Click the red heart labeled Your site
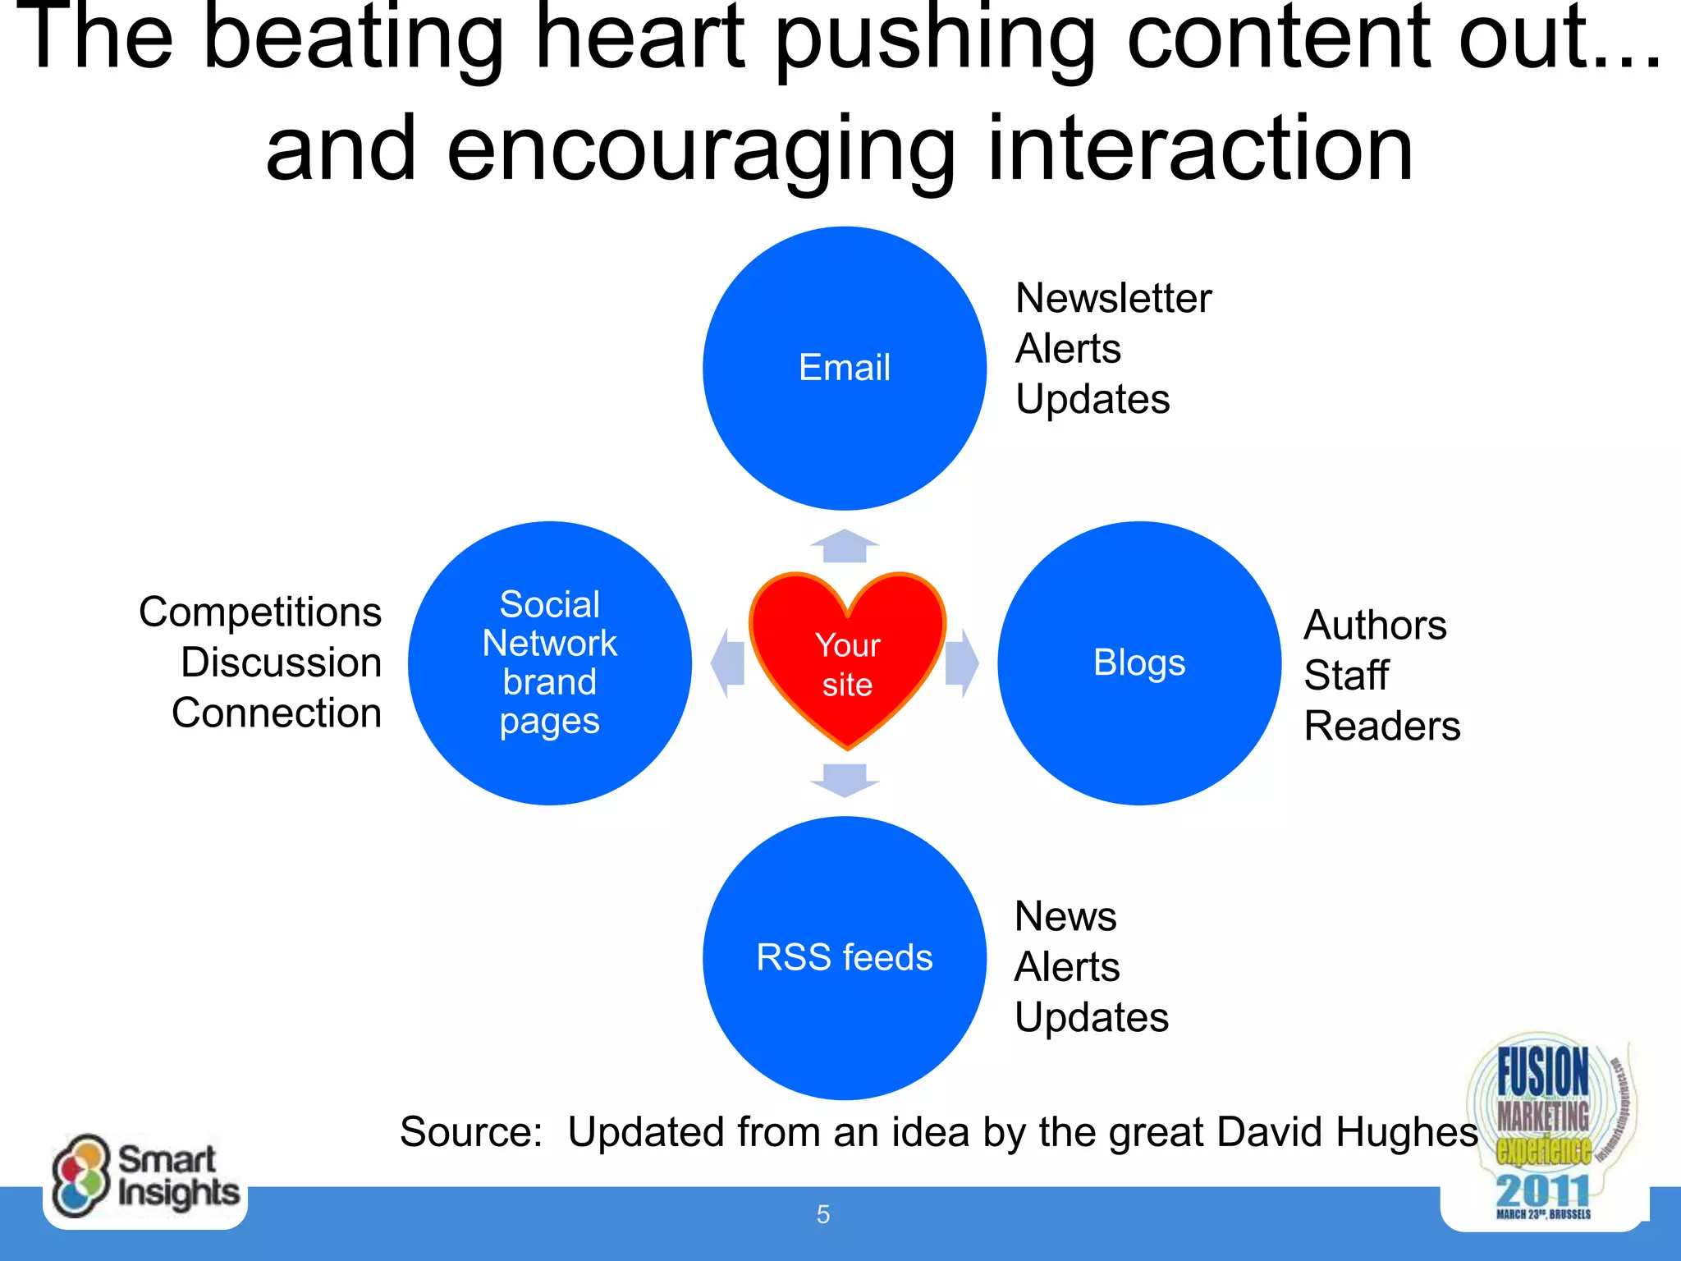pos(847,661)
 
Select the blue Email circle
pos(845,368)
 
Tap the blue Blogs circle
pos(1139,663)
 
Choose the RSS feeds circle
pos(845,957)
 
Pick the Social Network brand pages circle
pos(550,663)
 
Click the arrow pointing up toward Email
pos(845,546)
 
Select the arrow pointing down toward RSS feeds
pos(845,779)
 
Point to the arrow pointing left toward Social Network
pos(727,663)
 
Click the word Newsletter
pos(1113,298)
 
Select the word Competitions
pos(260,612)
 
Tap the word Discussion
pos(281,663)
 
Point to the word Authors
pos(1375,625)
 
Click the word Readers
pos(1382,726)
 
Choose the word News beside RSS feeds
pos(1065,916)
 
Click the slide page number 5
pos(823,1214)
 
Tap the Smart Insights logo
pos(145,1178)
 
